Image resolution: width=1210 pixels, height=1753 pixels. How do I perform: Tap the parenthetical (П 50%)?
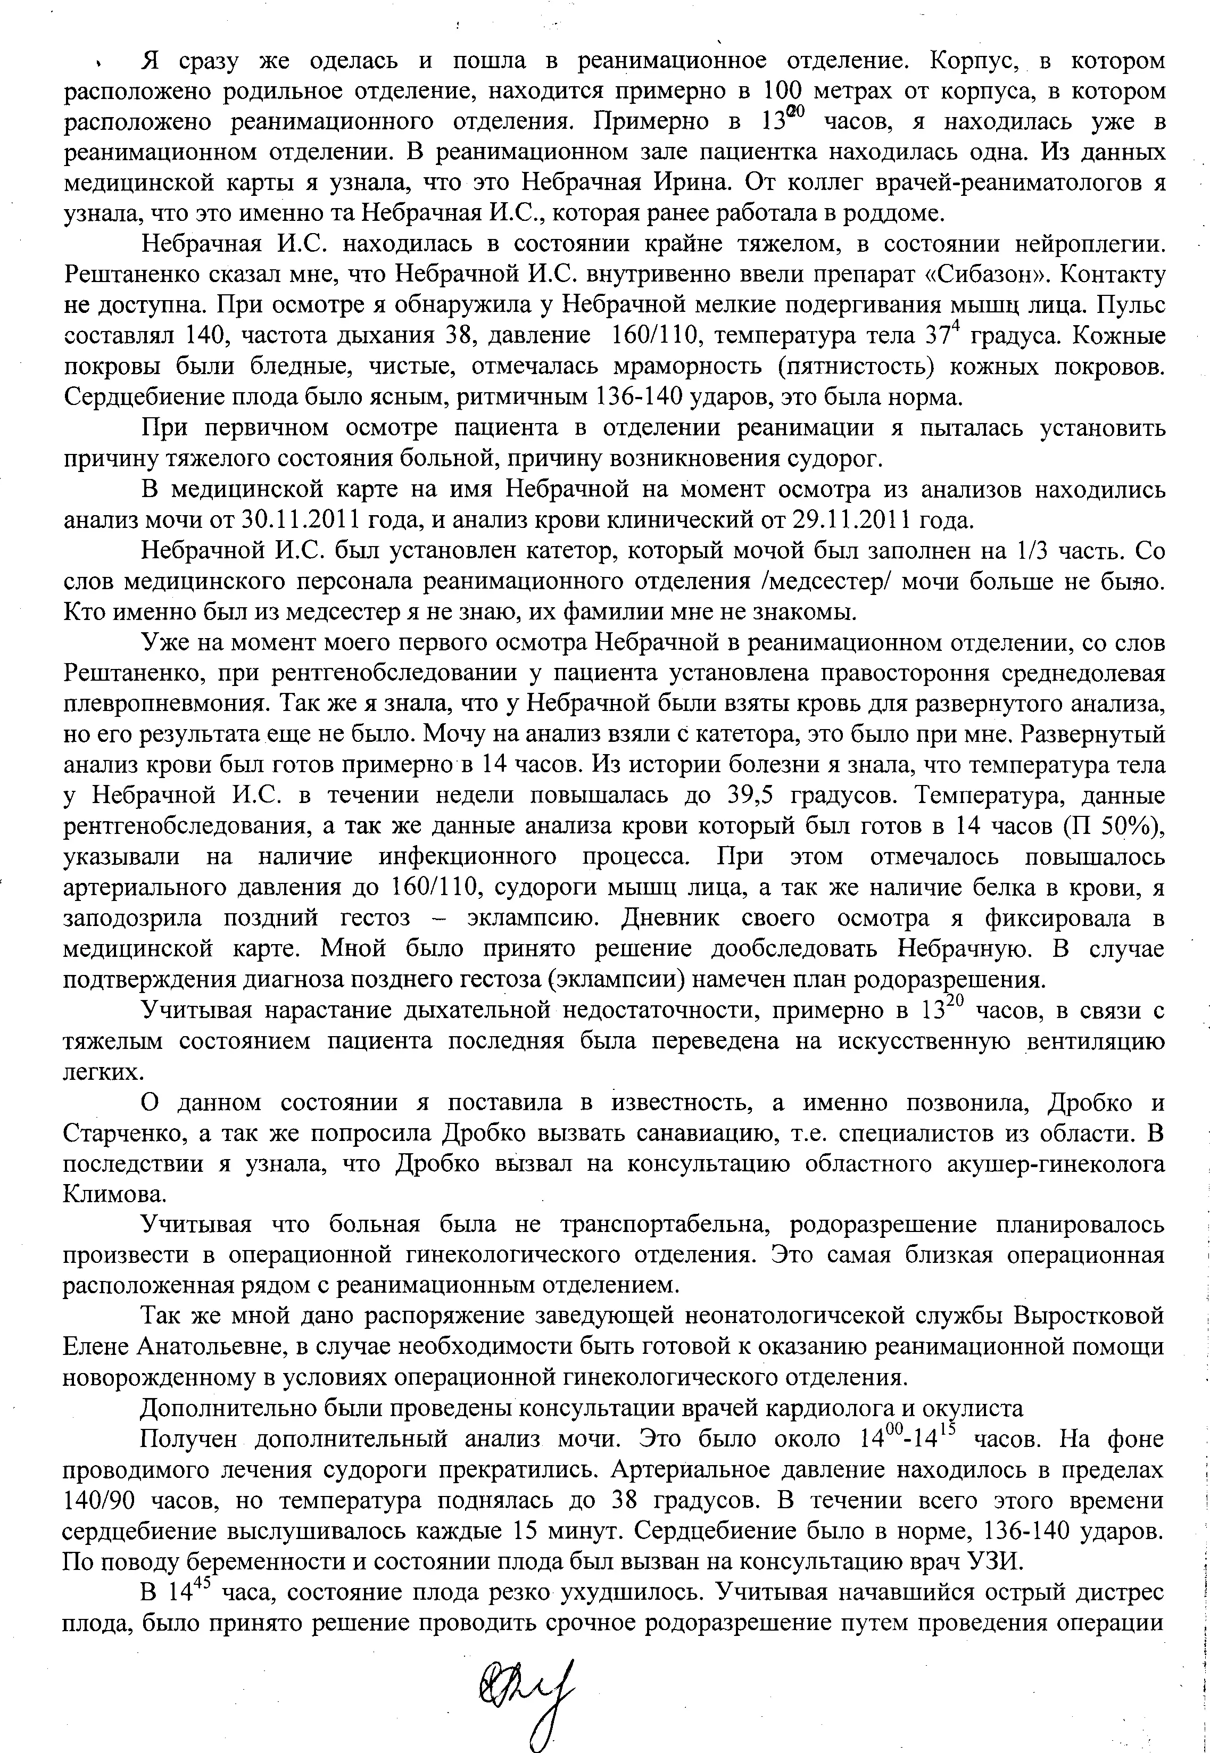(x=1112, y=826)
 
